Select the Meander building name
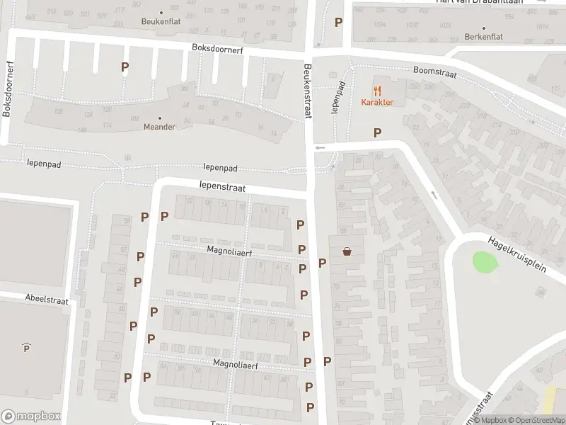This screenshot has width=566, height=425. pos(158,127)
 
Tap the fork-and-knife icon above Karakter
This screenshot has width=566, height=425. pos(377,91)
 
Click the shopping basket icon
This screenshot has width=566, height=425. pos(347,251)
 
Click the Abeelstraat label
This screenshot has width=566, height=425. pos(46,300)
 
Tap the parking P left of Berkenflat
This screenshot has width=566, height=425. pos(339,22)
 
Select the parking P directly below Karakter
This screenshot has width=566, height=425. pos(377,132)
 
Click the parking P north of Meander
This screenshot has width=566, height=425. pos(125,67)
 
